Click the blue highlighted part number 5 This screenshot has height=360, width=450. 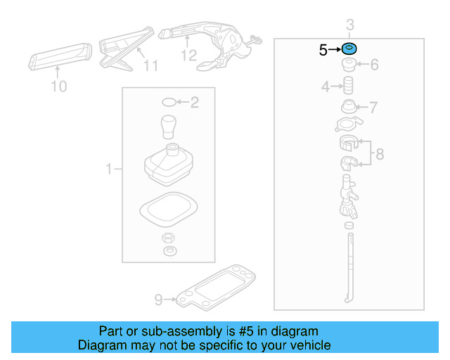[349, 49]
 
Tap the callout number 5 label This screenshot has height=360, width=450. [323, 50]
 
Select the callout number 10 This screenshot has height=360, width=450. [59, 86]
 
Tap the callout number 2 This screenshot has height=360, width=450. [195, 103]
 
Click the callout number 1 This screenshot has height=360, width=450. [109, 169]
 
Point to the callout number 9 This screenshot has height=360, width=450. [158, 300]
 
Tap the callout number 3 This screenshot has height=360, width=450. [349, 26]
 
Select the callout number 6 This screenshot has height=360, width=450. [374, 65]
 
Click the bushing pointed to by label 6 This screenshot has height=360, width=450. [349, 66]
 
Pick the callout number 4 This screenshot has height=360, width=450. [326, 87]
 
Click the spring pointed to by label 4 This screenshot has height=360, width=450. [347, 87]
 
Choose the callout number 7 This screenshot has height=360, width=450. [374, 108]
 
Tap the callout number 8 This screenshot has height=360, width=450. [380, 154]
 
